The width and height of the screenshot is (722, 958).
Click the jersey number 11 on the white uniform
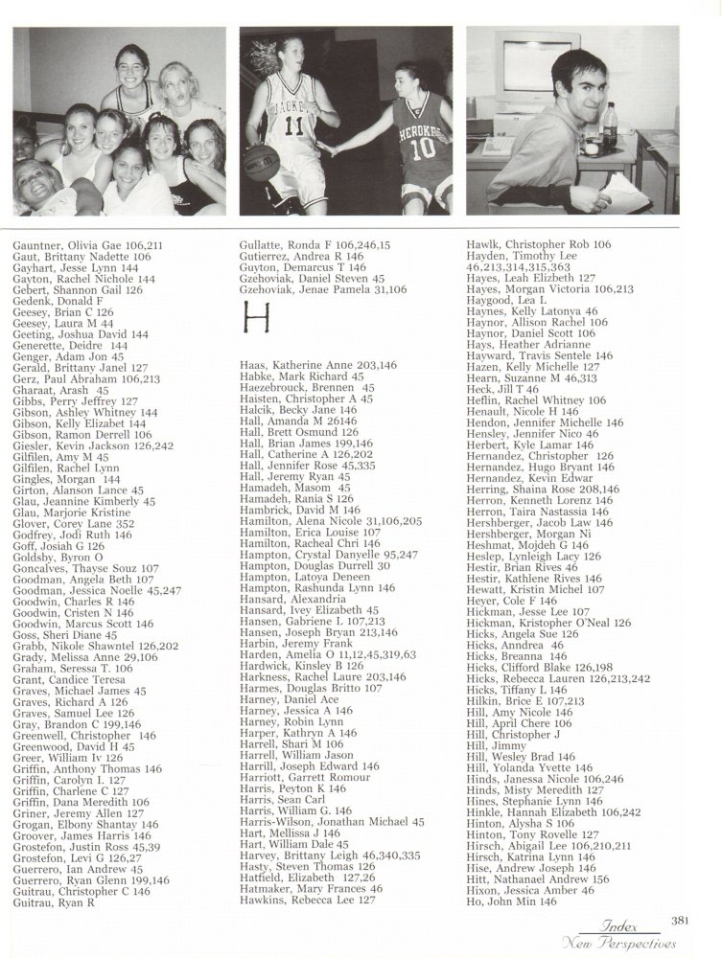click(293, 125)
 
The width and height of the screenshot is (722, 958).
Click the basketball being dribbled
click(260, 155)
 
